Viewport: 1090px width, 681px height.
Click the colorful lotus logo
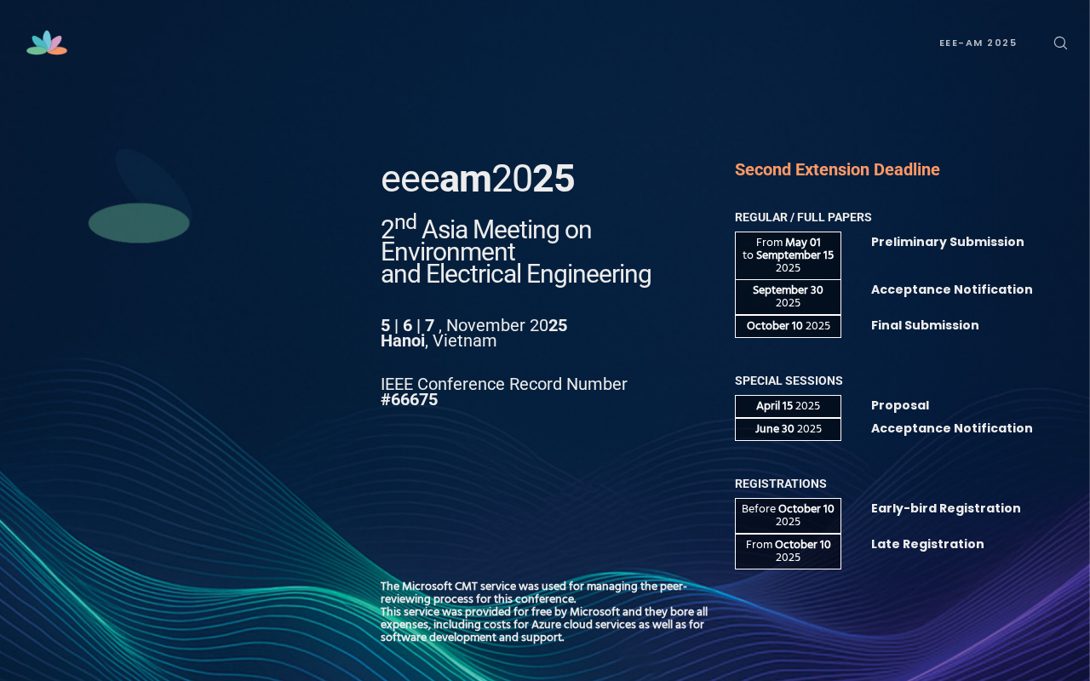pyautogui.click(x=47, y=43)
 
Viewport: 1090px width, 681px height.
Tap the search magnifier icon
pyautogui.click(x=1060, y=43)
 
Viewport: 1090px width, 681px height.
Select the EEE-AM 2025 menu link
pyautogui.click(x=978, y=43)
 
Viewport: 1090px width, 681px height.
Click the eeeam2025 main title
pyautogui.click(x=478, y=179)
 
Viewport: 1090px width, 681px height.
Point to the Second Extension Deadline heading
pyautogui.click(x=837, y=169)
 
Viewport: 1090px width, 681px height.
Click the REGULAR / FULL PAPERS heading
pyautogui.click(x=803, y=217)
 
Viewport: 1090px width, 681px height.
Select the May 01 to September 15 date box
pyautogui.click(x=788, y=255)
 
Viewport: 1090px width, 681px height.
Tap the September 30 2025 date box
pyautogui.click(x=788, y=297)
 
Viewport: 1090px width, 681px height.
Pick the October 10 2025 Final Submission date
pyautogui.click(x=788, y=326)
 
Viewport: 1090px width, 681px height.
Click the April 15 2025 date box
pyautogui.click(x=788, y=406)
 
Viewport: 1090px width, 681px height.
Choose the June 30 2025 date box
pyautogui.click(x=788, y=429)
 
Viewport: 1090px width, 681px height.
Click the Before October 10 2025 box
pyautogui.click(x=788, y=516)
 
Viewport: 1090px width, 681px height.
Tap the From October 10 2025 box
pyautogui.click(x=788, y=551)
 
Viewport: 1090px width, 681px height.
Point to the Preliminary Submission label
pyautogui.click(x=948, y=243)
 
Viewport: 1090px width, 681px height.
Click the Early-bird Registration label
pyautogui.click(x=945, y=509)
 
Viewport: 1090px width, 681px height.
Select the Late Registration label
pyautogui.click(x=927, y=544)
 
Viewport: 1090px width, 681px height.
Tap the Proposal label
pyautogui.click(x=900, y=406)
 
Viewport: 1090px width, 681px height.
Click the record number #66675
pyautogui.click(x=410, y=400)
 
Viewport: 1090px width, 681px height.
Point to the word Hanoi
pyautogui.click(x=403, y=341)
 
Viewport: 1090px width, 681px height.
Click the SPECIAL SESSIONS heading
pyautogui.click(x=789, y=381)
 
